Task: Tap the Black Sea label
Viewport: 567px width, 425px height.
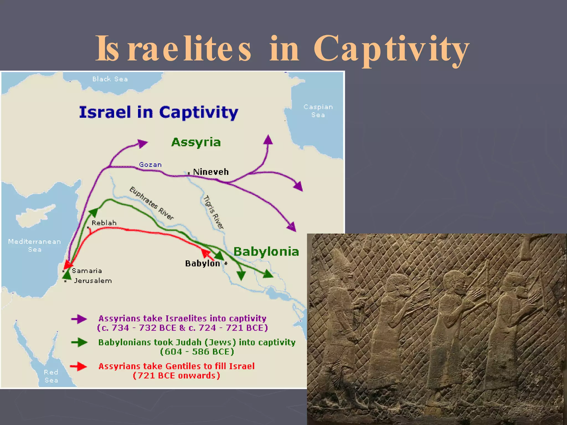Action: pyautogui.click(x=110, y=79)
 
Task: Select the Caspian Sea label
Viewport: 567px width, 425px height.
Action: pyautogui.click(x=318, y=111)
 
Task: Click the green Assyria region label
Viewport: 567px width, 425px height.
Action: pyautogui.click(x=196, y=142)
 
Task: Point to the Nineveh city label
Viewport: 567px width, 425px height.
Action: pyautogui.click(x=211, y=172)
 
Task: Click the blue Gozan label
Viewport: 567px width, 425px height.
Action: pyautogui.click(x=150, y=165)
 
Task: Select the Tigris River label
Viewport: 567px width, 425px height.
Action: pyautogui.click(x=213, y=212)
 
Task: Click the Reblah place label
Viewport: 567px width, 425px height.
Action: pyautogui.click(x=104, y=223)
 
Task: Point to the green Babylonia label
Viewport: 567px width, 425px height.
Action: pyautogui.click(x=266, y=252)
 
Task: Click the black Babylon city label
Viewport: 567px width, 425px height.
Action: pyautogui.click(x=202, y=263)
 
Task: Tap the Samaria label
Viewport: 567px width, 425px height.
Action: pyautogui.click(x=87, y=271)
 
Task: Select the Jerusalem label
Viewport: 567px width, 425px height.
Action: pyautogui.click(x=93, y=281)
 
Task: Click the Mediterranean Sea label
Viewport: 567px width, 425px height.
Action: pyautogui.click(x=35, y=245)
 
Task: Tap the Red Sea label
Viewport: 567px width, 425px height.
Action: pyautogui.click(x=51, y=376)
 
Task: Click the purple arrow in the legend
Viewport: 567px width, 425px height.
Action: pyautogui.click(x=79, y=319)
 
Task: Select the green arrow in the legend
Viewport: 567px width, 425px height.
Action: pyautogui.click(x=79, y=343)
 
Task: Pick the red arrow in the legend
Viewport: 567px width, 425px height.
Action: pyautogui.click(x=79, y=366)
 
